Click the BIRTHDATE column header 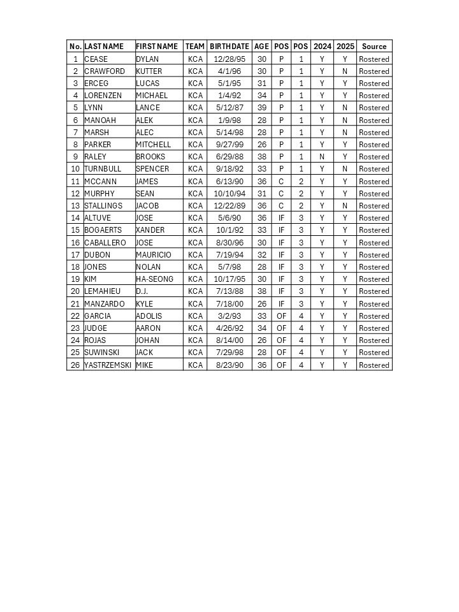point(229,47)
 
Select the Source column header point(374,47)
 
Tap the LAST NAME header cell point(104,47)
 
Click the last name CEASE point(96,59)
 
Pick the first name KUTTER point(149,71)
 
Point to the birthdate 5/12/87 point(229,108)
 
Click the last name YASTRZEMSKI point(109,365)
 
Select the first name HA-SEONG point(155,279)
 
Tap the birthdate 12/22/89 point(229,206)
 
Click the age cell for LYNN point(262,108)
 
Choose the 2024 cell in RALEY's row point(322,157)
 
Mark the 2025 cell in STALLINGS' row point(345,206)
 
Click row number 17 point(75,255)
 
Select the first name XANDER point(150,230)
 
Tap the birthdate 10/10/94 point(229,194)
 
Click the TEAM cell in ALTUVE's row point(195,218)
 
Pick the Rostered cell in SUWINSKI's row point(374,353)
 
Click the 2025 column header point(345,47)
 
